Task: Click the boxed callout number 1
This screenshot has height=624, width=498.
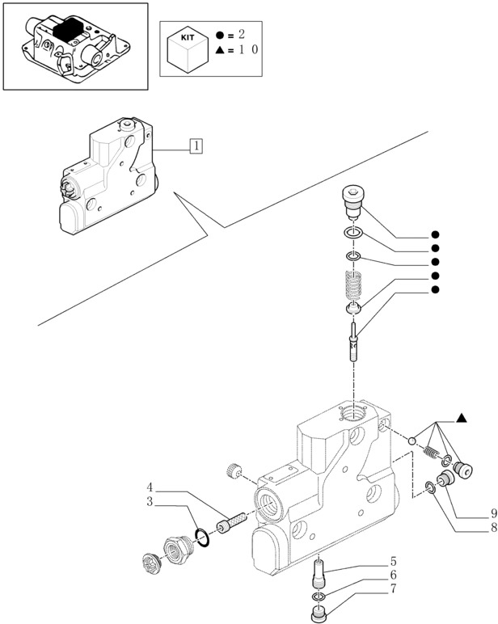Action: [196, 146]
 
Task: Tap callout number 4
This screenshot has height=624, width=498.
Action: [150, 487]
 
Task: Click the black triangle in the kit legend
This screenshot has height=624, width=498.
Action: [223, 50]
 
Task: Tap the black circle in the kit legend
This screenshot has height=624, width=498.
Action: [223, 36]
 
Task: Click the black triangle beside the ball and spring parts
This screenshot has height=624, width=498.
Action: [462, 417]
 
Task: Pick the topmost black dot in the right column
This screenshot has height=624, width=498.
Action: [435, 235]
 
